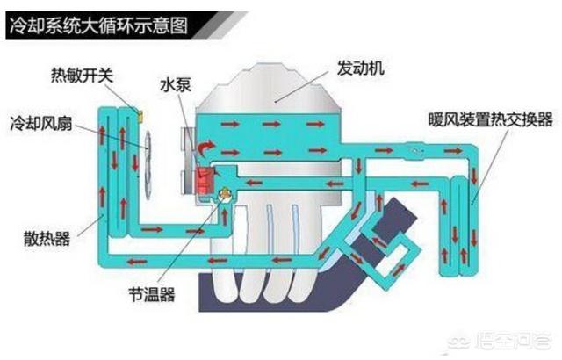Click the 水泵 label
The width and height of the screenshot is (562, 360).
[173, 87]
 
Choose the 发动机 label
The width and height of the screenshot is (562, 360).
[359, 67]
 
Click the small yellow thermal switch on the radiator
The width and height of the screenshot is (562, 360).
[138, 113]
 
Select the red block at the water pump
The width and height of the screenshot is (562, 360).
[204, 180]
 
